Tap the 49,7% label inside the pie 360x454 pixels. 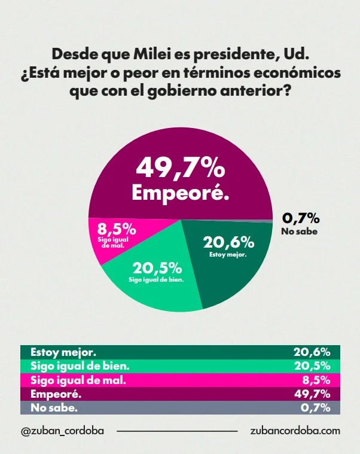click(x=180, y=169)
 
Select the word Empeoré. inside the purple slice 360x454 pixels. click(x=180, y=193)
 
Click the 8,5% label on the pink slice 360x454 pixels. click(x=117, y=229)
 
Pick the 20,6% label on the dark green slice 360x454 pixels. click(x=228, y=242)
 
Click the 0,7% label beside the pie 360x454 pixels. click(x=300, y=218)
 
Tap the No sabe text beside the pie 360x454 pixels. click(x=299, y=231)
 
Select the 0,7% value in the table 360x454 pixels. click(x=318, y=408)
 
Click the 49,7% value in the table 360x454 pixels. click(x=313, y=394)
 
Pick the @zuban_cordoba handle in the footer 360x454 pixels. click(x=62, y=431)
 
